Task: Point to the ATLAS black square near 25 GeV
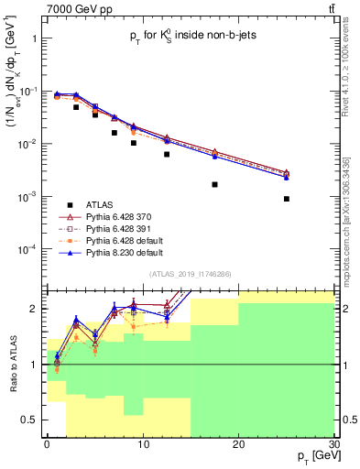tap(287, 199)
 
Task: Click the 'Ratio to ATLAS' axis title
tap(12, 364)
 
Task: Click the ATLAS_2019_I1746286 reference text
tap(191, 274)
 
